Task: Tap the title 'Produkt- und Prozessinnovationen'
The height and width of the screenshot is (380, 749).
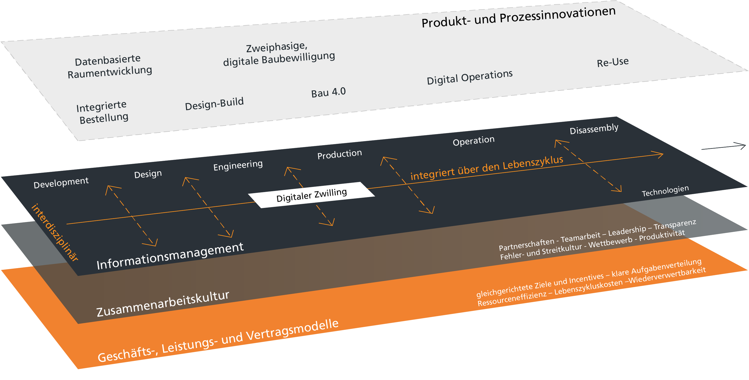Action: (x=518, y=18)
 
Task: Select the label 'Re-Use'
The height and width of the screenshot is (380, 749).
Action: (x=613, y=62)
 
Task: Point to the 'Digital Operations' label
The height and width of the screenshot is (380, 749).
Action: (x=469, y=77)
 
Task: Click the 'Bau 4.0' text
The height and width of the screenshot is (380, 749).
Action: (x=328, y=93)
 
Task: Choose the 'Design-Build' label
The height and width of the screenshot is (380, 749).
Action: (x=214, y=104)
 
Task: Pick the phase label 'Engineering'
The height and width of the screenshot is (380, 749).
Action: (x=238, y=165)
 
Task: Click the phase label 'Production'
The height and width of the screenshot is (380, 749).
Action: (x=339, y=154)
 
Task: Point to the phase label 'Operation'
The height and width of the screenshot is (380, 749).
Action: (x=473, y=141)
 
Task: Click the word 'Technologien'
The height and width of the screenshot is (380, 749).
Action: (x=665, y=191)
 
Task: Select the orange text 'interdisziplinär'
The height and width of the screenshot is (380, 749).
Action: (x=55, y=232)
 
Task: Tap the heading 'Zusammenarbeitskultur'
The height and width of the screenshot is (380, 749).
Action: (x=163, y=304)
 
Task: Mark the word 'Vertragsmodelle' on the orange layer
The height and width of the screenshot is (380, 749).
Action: (x=292, y=331)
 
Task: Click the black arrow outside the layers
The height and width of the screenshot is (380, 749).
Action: (x=724, y=147)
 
